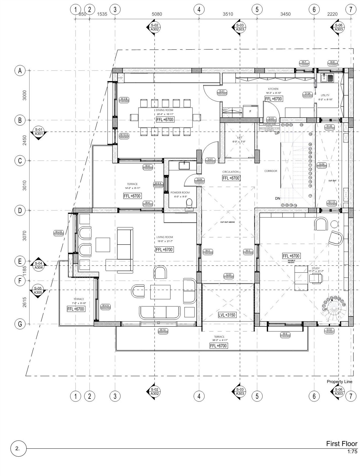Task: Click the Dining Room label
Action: point(164,110)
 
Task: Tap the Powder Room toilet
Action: point(189,203)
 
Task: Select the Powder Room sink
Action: point(184,165)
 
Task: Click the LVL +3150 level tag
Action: point(227,315)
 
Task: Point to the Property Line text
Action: point(339,382)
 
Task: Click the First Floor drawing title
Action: point(341,443)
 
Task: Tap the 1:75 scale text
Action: point(352,452)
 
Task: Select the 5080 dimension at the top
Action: point(157,14)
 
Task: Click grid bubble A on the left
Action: point(20,71)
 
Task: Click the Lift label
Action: point(239,137)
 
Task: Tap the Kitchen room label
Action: point(273,89)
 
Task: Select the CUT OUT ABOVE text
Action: point(227,222)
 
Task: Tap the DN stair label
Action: point(278,198)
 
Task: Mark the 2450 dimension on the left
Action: point(24,140)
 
